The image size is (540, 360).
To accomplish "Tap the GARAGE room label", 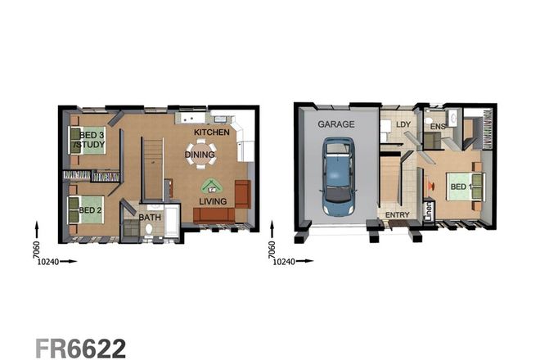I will pos(336,124).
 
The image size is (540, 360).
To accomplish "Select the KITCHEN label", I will pos(211,132).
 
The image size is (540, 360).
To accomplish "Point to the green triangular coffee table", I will pos(211,186).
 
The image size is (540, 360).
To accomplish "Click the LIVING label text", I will pos(214,201).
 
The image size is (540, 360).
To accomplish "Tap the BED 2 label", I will pos(90,210).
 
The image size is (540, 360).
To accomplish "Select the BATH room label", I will pos(150,218).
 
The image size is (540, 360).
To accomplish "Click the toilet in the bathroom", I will pos(148,231).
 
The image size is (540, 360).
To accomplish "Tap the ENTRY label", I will pos(398,215).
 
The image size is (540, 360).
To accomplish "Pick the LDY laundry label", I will pos(403,124).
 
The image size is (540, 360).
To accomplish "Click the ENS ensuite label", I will pos(438,127).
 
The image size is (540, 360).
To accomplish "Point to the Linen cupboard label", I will pos(428,212).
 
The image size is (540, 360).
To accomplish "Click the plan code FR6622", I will pos(80,346).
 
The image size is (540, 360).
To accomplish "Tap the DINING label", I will pos(200,153).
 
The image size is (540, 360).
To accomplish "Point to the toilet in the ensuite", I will pos(429,122).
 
